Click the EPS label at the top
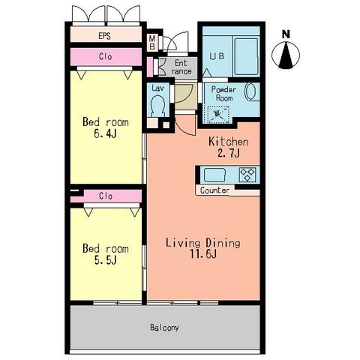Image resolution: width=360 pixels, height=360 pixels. pyautogui.click(x=104, y=36)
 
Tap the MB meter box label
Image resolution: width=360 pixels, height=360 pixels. pyautogui.click(x=152, y=43)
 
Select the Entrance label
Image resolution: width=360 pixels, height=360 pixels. pyautogui.click(x=181, y=67)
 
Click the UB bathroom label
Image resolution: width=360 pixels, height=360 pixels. pyautogui.click(x=217, y=56)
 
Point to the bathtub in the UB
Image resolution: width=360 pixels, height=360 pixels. pyautogui.click(x=246, y=56)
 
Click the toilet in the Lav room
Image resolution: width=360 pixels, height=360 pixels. pyautogui.click(x=158, y=106)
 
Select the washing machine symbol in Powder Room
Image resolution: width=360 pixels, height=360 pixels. pyautogui.click(x=217, y=115)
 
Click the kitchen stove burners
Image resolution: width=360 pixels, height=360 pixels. pyautogui.click(x=247, y=175)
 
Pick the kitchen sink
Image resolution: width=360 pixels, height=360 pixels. pyautogui.click(x=214, y=175)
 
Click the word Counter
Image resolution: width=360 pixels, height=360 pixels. pyautogui.click(x=214, y=190)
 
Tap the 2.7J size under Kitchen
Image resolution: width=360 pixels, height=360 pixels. pyautogui.click(x=229, y=153)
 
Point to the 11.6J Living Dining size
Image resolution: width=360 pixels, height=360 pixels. pyautogui.click(x=203, y=254)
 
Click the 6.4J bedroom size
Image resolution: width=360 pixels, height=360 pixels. pyautogui.click(x=105, y=133)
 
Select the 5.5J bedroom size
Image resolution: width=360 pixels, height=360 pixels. pyautogui.click(x=105, y=260)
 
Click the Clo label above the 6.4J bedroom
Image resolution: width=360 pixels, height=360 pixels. pyautogui.click(x=105, y=57)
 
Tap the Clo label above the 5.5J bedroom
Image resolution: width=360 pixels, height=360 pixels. pyautogui.click(x=105, y=196)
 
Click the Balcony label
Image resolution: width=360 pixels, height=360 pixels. pyautogui.click(x=164, y=328)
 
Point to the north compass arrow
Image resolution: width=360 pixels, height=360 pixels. pyautogui.click(x=286, y=55)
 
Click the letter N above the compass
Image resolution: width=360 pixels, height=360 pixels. pyautogui.click(x=286, y=34)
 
